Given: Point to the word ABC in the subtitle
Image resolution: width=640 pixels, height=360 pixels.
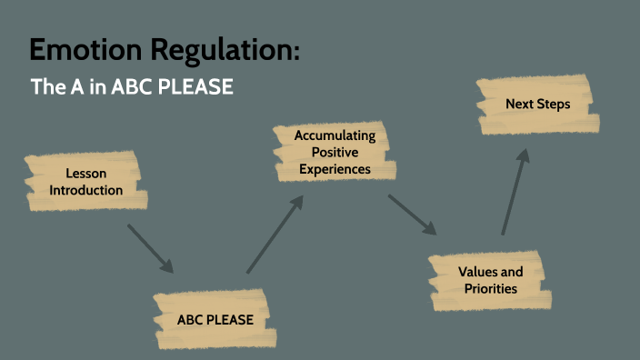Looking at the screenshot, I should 132,88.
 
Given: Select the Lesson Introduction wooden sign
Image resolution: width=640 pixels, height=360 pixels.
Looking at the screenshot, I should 85,182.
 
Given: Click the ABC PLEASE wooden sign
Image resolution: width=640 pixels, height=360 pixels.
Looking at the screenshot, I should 215,319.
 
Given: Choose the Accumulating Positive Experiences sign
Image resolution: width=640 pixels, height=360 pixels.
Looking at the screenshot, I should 335,152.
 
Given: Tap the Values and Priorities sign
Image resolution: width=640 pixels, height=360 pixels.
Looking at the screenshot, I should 489,280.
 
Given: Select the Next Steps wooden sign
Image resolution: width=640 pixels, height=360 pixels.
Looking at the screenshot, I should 537,105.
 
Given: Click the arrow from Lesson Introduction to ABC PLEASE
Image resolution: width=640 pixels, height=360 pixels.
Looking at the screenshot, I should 150,247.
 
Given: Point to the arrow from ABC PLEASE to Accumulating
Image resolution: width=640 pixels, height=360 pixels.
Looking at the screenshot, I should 275,235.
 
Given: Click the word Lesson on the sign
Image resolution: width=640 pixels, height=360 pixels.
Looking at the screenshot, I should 85,174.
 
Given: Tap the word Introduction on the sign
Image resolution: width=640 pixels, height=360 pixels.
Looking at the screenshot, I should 85,190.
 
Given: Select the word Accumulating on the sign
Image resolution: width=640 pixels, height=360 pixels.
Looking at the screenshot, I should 335,135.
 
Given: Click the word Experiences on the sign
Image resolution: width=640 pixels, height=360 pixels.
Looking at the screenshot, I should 335,168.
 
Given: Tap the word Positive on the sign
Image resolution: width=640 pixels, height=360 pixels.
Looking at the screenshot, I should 335,152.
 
